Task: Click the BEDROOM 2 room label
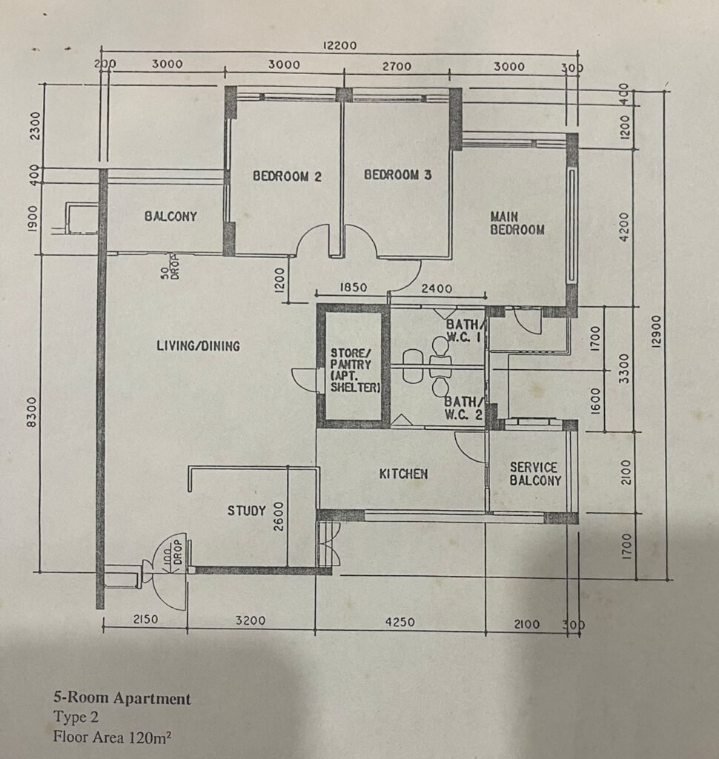click(287, 176)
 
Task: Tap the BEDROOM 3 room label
click(397, 175)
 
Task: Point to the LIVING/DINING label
click(199, 345)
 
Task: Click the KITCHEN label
click(403, 474)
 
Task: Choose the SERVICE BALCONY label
click(535, 474)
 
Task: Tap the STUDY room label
click(247, 511)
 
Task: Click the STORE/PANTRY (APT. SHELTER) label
click(355, 369)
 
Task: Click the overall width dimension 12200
click(339, 45)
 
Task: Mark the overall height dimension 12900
click(656, 331)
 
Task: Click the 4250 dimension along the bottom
click(400, 622)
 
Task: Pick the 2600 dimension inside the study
click(279, 516)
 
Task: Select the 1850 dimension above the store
click(354, 288)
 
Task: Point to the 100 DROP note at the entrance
click(170, 552)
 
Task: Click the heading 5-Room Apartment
click(122, 698)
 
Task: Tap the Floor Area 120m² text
click(113, 737)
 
